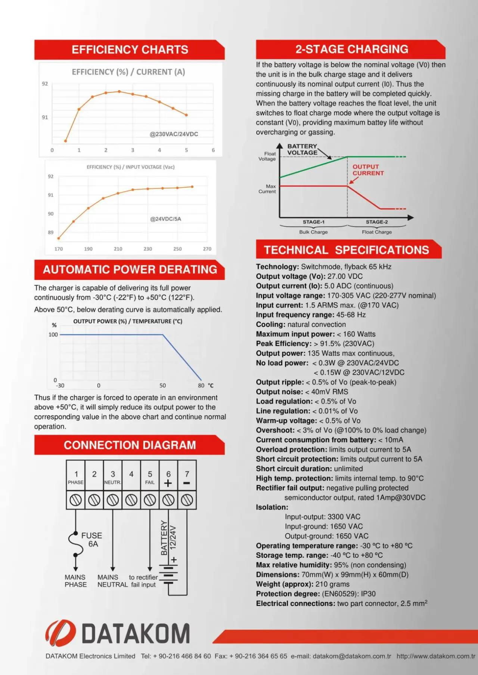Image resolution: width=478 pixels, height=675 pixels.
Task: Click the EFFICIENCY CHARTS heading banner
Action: tap(130, 50)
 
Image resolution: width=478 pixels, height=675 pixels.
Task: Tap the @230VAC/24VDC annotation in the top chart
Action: tap(174, 134)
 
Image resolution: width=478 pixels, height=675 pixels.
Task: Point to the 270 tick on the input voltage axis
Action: tap(207, 249)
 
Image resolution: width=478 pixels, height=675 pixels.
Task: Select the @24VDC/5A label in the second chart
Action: tap(165, 219)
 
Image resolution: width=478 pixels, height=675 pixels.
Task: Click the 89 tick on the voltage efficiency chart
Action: tap(50, 232)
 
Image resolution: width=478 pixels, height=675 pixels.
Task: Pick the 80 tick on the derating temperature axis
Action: tap(201, 385)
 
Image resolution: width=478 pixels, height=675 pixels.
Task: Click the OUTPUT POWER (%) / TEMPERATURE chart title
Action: tap(128, 321)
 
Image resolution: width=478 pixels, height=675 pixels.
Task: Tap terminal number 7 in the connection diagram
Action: tap(187, 474)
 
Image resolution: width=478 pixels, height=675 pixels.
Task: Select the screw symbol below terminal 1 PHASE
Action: tap(75, 500)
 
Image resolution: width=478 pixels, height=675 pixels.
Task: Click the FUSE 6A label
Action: tap(92, 540)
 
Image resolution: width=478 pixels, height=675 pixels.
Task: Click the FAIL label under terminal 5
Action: tap(150, 482)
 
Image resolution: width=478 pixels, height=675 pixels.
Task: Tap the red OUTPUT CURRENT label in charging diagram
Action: tap(368, 170)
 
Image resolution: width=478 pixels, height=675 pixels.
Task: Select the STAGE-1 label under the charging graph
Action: tap(313, 222)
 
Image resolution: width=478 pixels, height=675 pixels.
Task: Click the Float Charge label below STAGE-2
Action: tap(376, 232)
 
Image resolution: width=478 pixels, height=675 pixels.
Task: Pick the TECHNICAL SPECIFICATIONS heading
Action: tap(347, 250)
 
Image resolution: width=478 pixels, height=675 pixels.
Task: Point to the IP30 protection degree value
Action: tap(368, 594)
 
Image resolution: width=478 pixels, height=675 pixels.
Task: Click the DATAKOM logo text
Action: tap(136, 634)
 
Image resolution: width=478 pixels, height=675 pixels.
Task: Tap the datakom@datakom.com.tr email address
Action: tap(352, 656)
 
